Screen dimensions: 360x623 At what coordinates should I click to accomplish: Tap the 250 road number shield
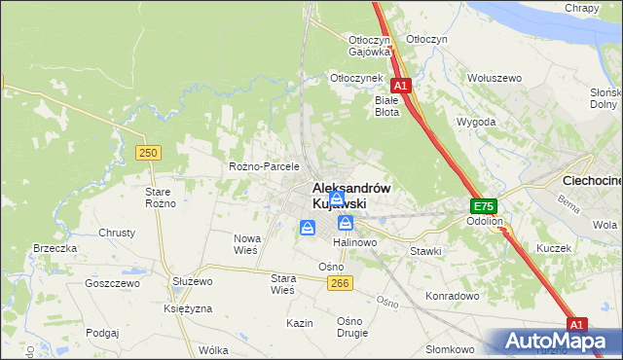(148, 153)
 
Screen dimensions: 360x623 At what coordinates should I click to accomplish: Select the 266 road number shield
(339, 282)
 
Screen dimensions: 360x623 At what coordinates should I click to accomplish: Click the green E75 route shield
(484, 206)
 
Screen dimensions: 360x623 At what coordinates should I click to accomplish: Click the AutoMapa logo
(554, 342)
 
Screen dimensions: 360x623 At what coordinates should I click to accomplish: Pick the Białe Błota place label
(387, 106)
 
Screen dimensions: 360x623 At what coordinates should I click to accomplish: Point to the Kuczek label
(553, 248)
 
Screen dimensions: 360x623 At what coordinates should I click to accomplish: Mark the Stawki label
(425, 251)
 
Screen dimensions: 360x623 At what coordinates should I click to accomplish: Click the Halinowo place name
(355, 241)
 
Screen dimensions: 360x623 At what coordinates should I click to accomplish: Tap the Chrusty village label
(117, 234)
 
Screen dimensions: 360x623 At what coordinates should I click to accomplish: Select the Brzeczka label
(55, 248)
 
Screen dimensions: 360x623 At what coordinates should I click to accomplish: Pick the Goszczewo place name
(113, 283)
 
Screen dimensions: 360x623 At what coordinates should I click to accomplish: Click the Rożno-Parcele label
(264, 166)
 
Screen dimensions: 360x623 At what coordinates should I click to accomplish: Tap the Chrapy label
(581, 8)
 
